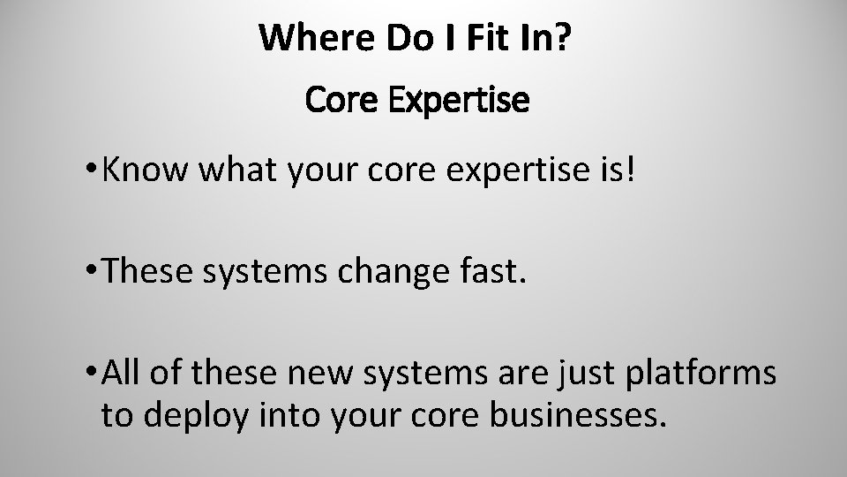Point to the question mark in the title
pos(576,38)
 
